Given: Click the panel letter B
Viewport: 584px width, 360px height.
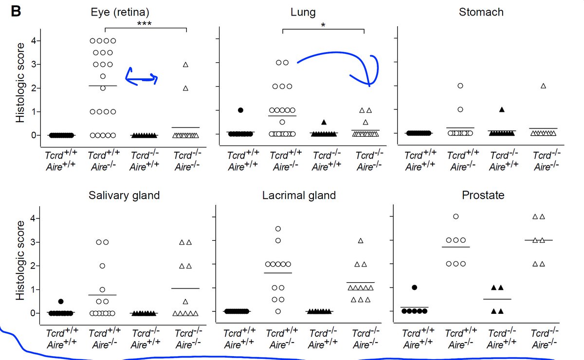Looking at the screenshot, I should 16,12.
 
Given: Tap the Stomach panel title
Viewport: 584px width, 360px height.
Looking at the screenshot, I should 481,12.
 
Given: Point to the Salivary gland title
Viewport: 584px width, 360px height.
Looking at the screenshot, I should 124,196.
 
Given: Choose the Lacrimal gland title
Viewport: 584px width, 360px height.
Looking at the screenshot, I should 299,196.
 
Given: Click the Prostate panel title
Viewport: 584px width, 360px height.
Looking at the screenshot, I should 483,196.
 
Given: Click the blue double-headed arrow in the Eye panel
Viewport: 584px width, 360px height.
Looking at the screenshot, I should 141,76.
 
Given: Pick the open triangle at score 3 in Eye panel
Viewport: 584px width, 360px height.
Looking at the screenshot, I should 185,64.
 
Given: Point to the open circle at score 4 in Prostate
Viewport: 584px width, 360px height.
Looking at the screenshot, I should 456,216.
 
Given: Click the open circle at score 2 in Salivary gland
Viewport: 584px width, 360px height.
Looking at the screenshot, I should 103,266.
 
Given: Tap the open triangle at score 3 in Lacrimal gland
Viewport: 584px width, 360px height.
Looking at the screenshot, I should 361,240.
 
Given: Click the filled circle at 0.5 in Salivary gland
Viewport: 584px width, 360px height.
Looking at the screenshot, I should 61,302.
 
